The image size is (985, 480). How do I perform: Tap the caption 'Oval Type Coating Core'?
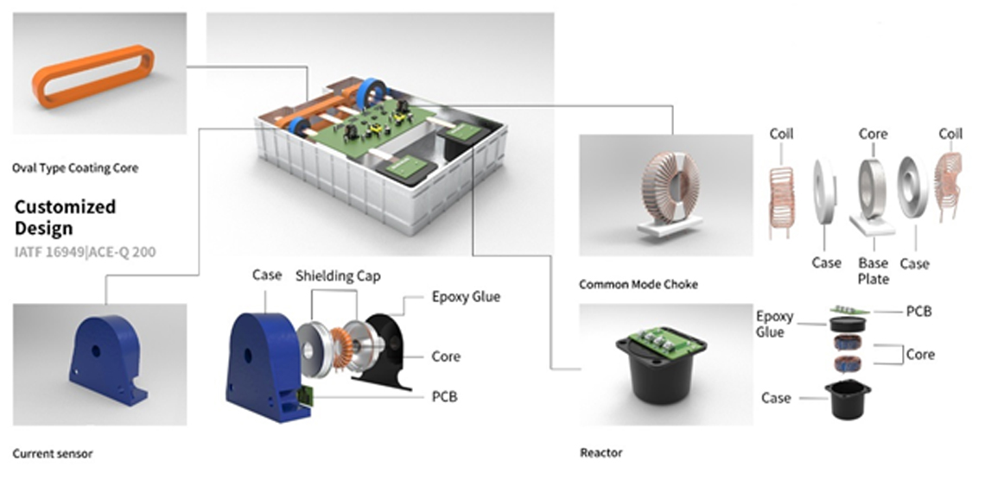(75, 167)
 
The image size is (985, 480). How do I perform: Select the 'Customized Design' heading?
(65, 218)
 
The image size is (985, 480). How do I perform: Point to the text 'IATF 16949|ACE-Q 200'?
(86, 253)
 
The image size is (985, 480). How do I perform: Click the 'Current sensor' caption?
(53, 453)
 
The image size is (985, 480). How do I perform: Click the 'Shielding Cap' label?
(338, 276)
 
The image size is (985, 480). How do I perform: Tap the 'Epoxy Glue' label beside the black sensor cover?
(466, 297)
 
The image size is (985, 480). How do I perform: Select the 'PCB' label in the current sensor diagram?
(444, 397)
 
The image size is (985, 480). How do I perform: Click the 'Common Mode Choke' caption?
(639, 284)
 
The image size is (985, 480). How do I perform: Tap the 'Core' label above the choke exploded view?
(873, 135)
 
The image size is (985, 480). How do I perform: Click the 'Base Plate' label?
(873, 271)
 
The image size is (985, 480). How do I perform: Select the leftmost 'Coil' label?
(781, 135)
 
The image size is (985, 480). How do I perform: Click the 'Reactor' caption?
(601, 453)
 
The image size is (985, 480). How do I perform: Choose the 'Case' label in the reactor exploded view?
(776, 398)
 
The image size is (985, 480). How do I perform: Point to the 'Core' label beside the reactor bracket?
(920, 355)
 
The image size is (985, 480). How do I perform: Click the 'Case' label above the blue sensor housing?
(267, 275)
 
